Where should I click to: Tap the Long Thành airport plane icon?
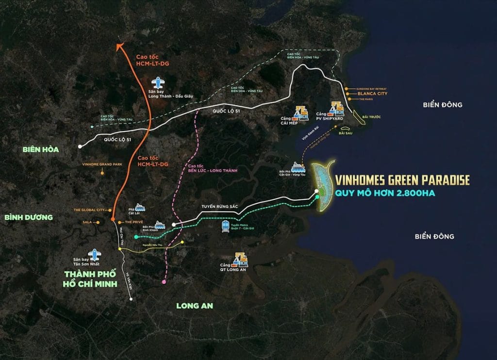click(157, 82)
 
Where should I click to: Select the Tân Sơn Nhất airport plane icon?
click(94, 254)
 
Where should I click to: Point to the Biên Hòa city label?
click(41, 149)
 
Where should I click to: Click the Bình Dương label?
click(28, 217)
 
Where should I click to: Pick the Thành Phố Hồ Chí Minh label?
click(91, 279)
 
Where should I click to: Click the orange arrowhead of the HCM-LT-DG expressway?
click(120, 46)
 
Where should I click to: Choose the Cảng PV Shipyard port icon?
click(336, 109)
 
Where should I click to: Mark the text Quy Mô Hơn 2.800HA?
click(387, 195)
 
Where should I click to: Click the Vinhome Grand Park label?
click(103, 165)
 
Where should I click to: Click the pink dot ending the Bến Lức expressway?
click(164, 282)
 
